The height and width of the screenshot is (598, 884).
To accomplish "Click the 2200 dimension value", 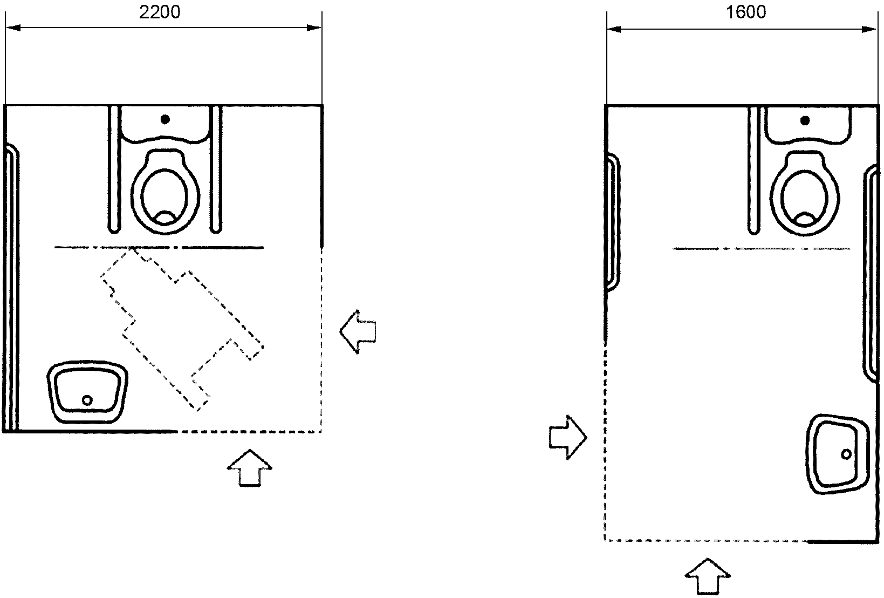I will [160, 12].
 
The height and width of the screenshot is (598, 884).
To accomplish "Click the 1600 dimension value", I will [746, 12].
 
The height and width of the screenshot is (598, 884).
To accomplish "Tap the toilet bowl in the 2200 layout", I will [165, 192].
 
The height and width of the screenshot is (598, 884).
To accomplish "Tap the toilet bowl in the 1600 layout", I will [805, 193].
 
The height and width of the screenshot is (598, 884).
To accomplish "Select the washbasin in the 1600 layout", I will [838, 454].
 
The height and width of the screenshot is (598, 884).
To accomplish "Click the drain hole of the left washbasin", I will [87, 400].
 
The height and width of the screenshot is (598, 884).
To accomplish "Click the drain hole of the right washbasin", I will [846, 454].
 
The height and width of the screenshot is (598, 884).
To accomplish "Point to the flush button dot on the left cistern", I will [165, 119].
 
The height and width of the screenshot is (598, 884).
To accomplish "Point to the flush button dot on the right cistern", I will [805, 120].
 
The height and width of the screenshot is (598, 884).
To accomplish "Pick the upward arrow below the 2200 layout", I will [249, 468].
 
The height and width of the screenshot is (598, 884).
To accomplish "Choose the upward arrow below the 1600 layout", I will [707, 576].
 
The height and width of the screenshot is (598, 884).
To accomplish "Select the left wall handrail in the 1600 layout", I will [613, 221].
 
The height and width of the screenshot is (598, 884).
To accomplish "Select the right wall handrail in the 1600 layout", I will [871, 275].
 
